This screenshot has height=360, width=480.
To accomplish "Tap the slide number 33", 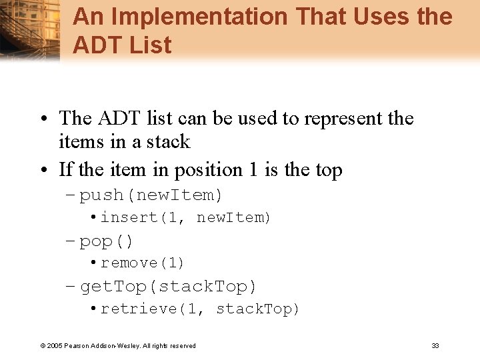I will click(x=435, y=345).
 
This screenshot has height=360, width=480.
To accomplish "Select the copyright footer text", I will click(x=118, y=345).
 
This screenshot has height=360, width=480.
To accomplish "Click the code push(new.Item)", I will click(x=151, y=195).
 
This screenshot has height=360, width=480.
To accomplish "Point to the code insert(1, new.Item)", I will click(x=185, y=217).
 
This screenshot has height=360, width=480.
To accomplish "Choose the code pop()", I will click(x=107, y=241).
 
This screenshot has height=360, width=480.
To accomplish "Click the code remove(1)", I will click(x=142, y=263).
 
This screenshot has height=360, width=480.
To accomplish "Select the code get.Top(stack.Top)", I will click(x=168, y=287).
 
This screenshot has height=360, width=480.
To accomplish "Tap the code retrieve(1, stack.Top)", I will click(x=200, y=309).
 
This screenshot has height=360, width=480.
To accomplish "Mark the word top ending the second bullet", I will click(x=328, y=171).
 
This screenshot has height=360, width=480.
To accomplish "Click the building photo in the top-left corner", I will click(x=30, y=30).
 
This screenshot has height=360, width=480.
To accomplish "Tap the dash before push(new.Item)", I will click(x=71, y=195).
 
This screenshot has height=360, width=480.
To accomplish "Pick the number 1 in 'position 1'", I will click(x=253, y=170).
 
